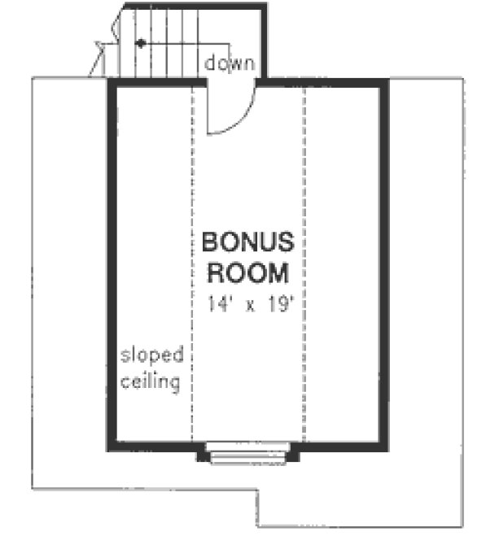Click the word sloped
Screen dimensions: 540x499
[152, 355]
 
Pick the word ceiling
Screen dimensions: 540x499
[151, 381]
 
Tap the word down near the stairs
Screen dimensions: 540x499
[230, 63]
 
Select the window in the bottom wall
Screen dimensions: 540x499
[248, 454]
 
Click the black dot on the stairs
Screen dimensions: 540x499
[141, 42]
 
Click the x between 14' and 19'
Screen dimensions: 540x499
[246, 303]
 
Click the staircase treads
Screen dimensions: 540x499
[163, 45]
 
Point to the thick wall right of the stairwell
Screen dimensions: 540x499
[264, 41]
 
